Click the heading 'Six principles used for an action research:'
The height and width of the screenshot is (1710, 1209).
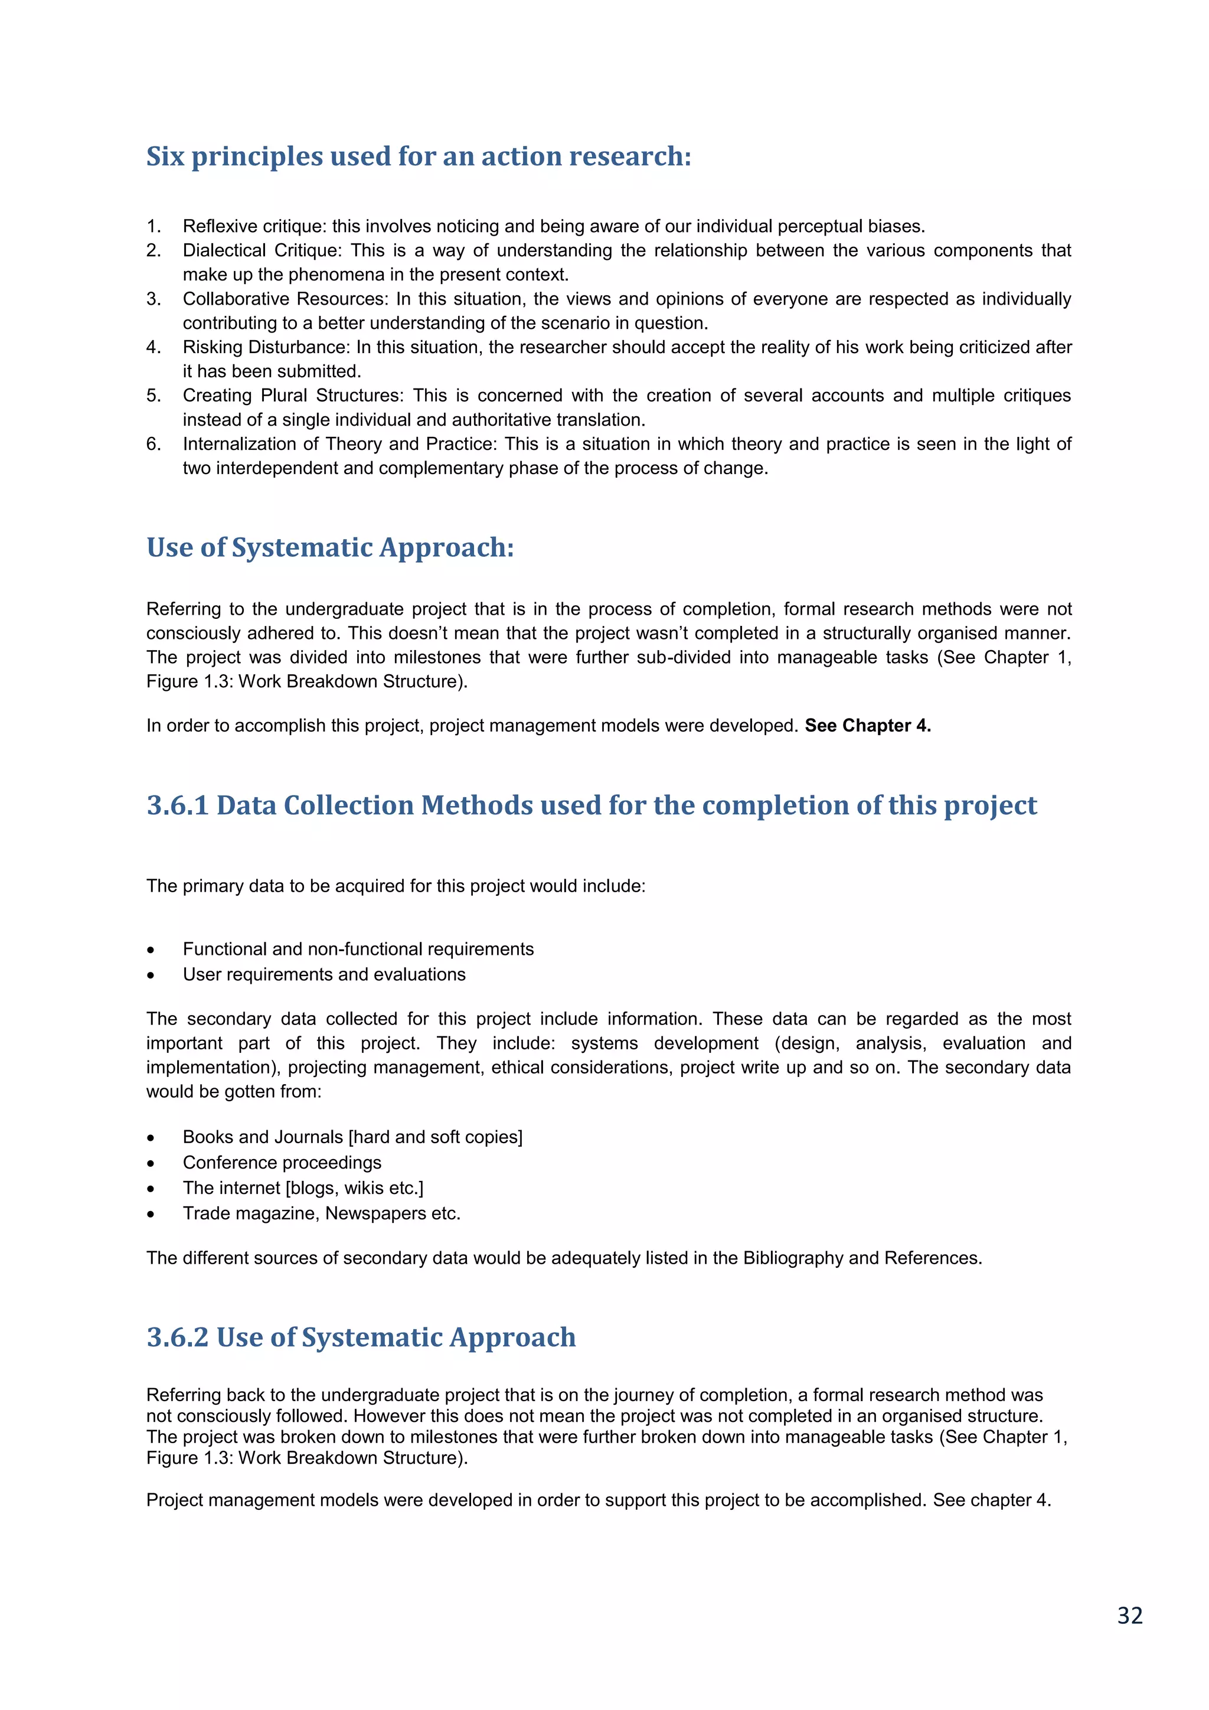(419, 156)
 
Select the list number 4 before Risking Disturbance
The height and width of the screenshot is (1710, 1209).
(153, 347)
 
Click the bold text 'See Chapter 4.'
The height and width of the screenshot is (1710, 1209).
(867, 726)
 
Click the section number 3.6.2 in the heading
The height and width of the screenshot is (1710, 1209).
(177, 1337)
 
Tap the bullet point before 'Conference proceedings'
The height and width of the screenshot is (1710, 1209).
(151, 1163)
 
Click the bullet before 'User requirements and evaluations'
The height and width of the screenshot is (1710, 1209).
(151, 975)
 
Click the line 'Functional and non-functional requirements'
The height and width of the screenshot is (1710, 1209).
(358, 949)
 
